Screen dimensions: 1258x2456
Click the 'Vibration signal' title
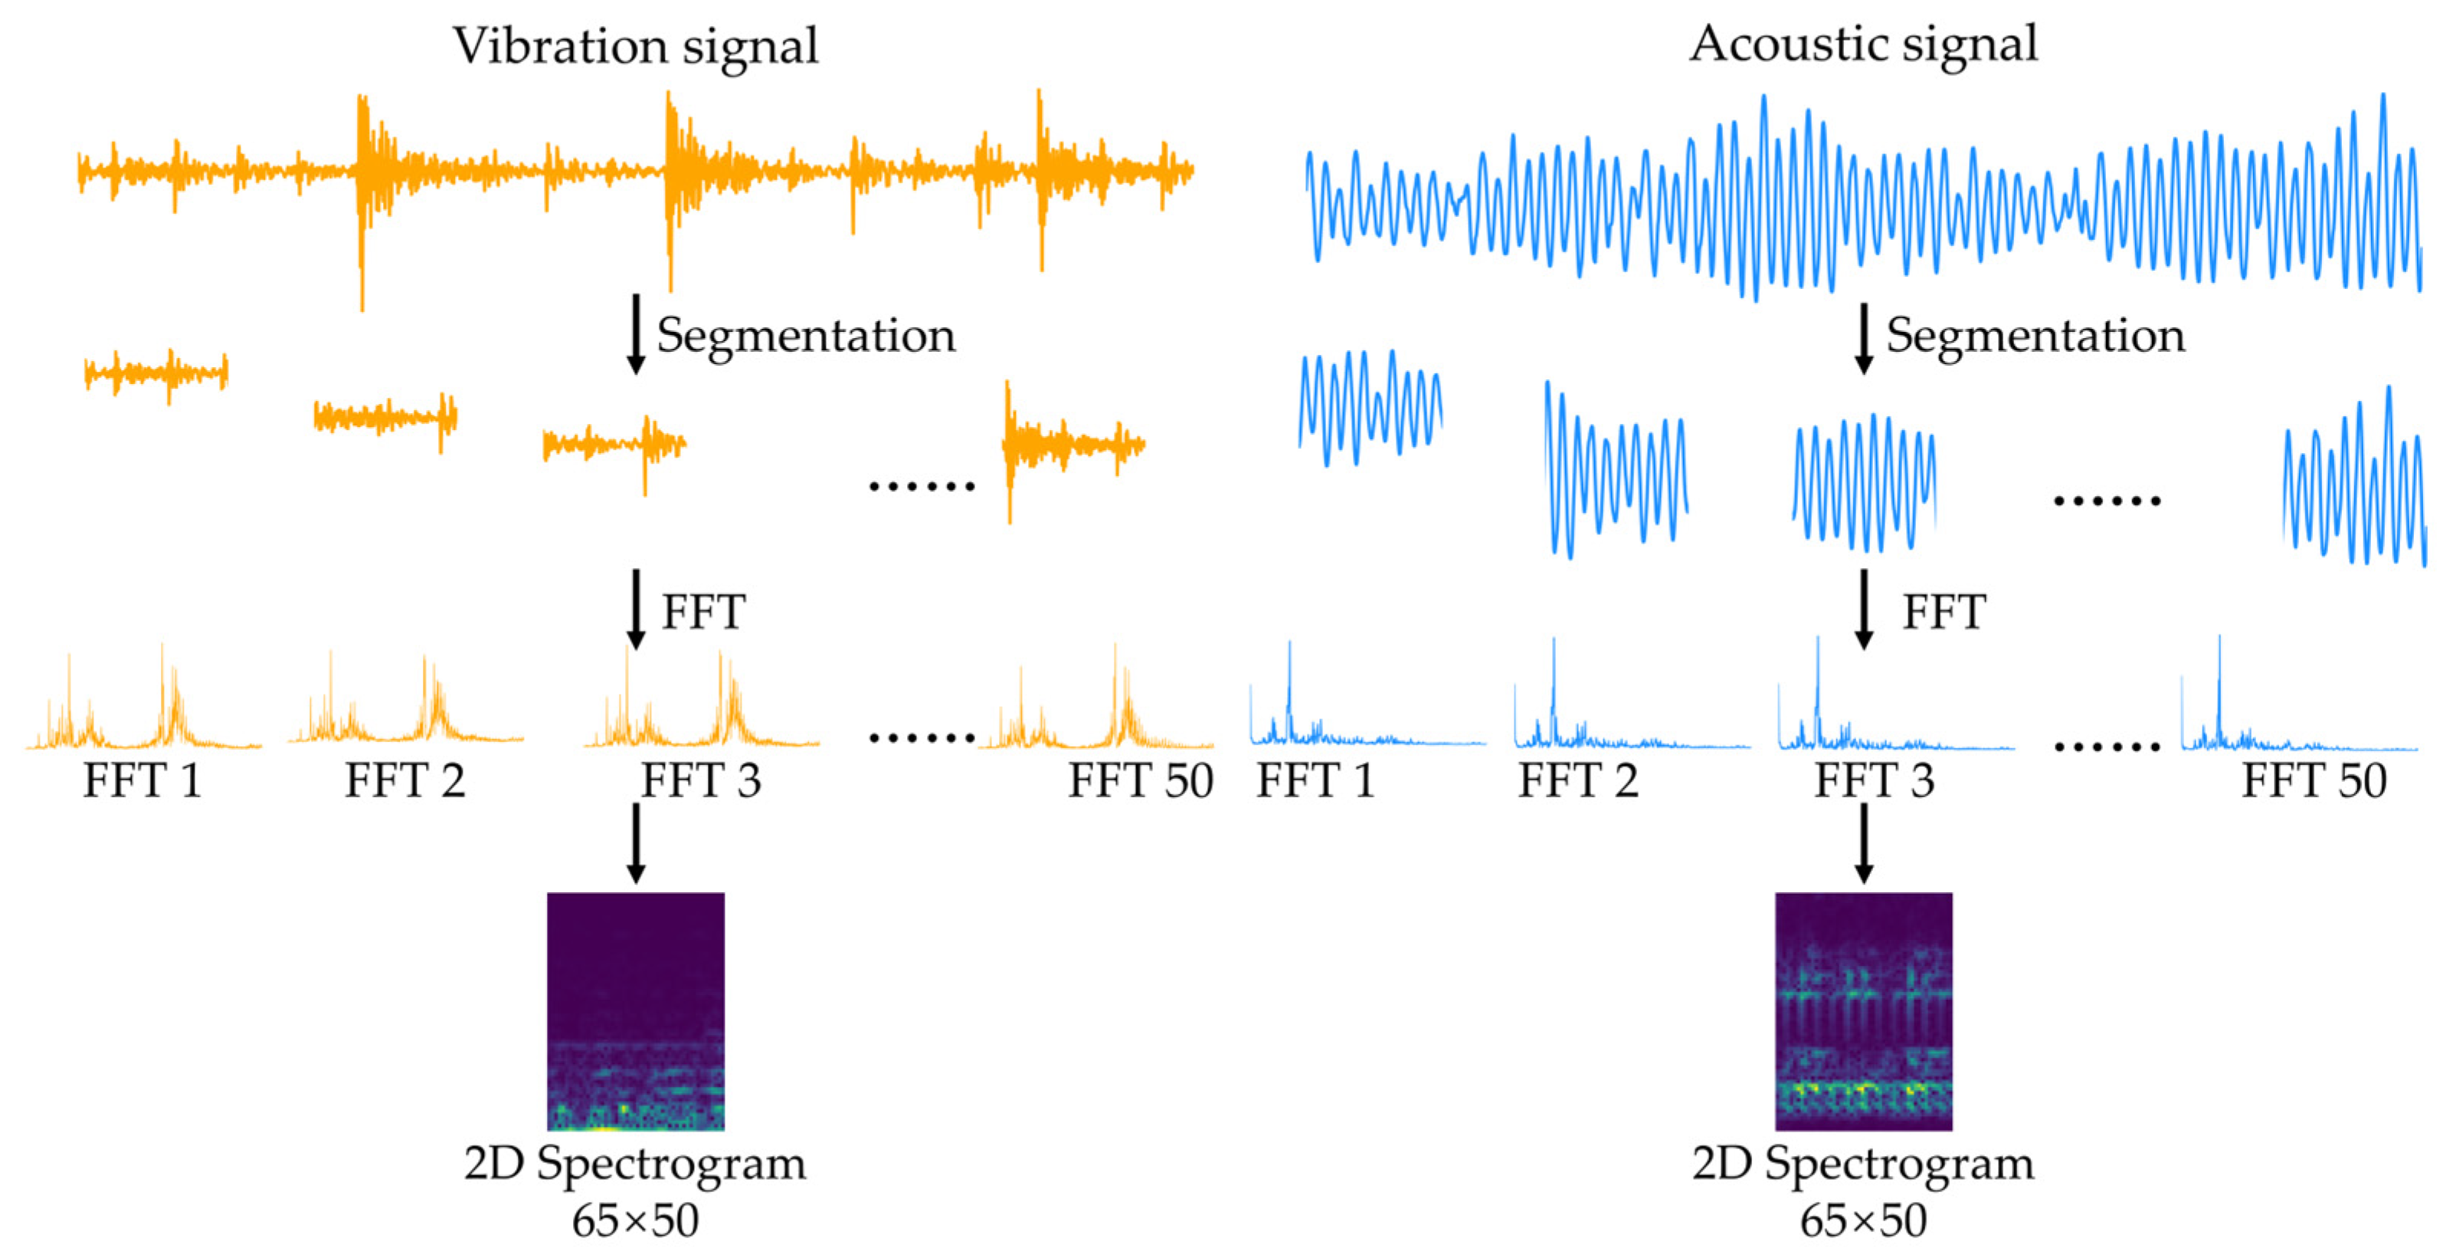click(635, 46)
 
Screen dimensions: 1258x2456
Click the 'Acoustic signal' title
click(1863, 44)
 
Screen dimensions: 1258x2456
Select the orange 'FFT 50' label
click(1140, 780)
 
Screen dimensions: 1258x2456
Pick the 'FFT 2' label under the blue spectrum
click(1578, 780)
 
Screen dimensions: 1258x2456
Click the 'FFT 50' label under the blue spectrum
click(2314, 780)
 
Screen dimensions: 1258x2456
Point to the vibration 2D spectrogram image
click(636, 1011)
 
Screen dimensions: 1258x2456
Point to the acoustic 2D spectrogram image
click(1863, 1011)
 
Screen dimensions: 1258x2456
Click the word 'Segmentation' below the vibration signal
click(806, 336)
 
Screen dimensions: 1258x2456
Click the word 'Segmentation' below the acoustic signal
click(2035, 336)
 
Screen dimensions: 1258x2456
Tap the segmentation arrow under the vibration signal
click(636, 333)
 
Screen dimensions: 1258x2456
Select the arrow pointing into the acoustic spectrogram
click(1863, 843)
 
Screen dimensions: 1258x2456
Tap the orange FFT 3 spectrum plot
click(702, 706)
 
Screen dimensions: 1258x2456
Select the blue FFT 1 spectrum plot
click(1365, 706)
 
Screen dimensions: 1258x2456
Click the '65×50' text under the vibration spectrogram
click(635, 1220)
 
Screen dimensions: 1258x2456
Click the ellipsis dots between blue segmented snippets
click(2106, 501)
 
